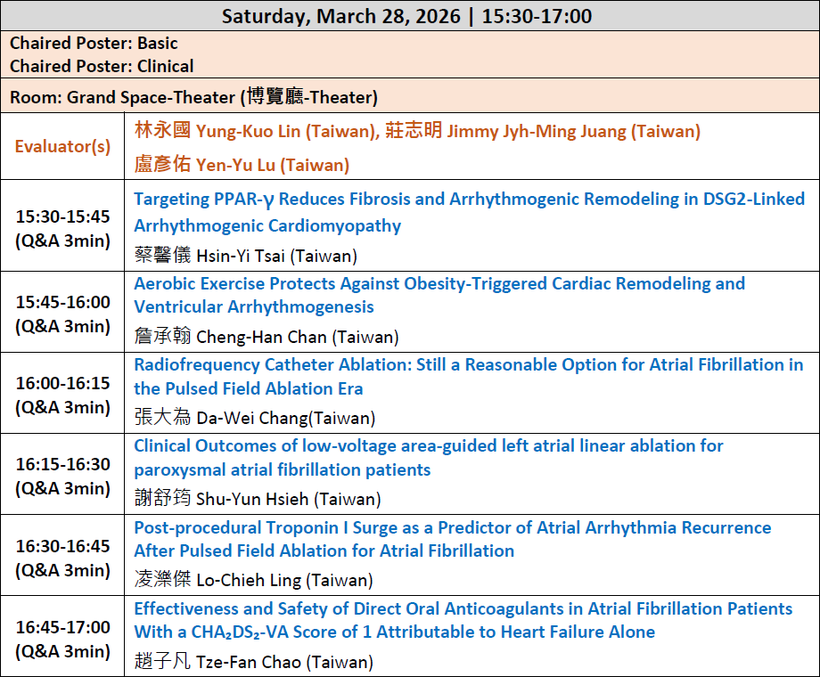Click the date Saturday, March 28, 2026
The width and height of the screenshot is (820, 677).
tap(341, 16)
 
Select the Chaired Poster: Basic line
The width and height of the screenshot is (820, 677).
tap(94, 43)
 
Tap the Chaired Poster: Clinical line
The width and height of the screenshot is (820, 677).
tap(102, 67)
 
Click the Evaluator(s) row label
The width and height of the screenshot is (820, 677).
tap(62, 146)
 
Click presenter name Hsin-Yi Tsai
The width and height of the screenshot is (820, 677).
tap(241, 257)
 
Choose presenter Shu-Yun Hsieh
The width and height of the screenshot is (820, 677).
tap(252, 499)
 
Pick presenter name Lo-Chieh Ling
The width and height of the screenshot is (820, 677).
tap(249, 580)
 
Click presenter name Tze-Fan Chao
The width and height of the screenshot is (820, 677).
tap(249, 662)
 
